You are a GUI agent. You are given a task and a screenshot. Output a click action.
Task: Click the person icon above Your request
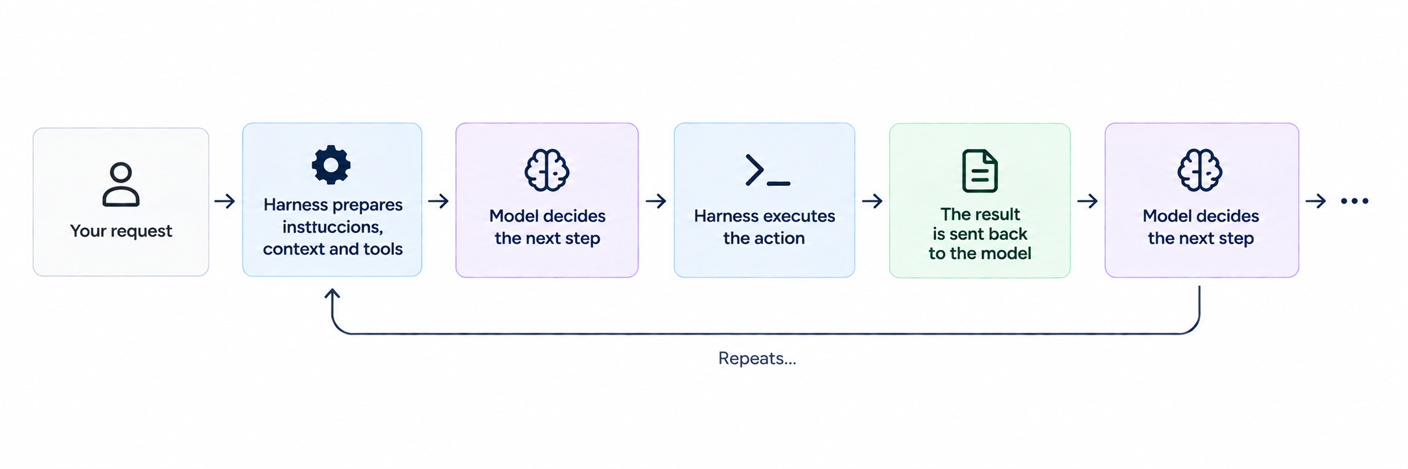point(121,185)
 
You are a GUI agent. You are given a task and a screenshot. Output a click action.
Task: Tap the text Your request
point(121,231)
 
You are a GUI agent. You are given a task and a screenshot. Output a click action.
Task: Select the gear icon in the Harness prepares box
point(331,165)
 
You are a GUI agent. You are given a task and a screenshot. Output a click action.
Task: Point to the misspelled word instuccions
point(333,227)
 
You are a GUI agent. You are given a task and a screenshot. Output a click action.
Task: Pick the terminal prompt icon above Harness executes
point(768,171)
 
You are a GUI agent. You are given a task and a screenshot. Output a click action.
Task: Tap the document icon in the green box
point(980,171)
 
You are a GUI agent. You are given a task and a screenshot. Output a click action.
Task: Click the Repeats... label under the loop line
point(757,358)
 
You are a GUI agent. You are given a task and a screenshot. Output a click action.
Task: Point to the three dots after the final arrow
point(1355,201)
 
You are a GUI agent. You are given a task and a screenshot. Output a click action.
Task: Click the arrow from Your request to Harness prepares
point(225,201)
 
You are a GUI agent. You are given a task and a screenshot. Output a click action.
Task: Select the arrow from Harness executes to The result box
point(873,201)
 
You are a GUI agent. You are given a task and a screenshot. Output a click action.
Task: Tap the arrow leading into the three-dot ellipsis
point(1316,201)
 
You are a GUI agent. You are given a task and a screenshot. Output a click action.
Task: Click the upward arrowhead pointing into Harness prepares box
point(333,295)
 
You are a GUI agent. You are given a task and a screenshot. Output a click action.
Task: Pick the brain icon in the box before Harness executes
point(547,170)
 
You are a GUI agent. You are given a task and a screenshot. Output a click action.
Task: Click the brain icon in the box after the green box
point(1200,170)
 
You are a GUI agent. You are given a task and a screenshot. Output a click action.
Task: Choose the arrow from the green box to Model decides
point(1088,201)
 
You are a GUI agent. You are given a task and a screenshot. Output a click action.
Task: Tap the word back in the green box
point(1007,234)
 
